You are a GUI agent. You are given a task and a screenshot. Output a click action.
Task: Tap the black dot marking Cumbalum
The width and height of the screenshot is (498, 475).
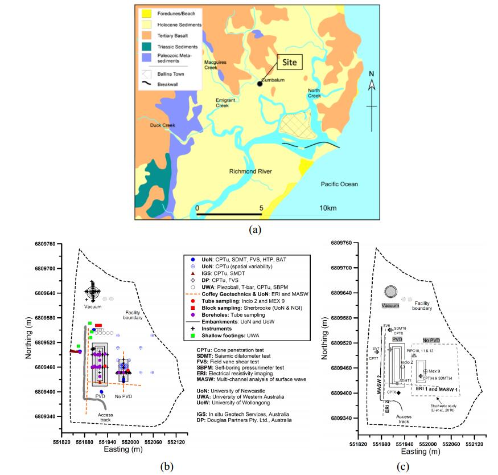coord(260,83)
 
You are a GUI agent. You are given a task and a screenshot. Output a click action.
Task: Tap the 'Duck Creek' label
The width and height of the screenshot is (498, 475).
coord(161,125)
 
